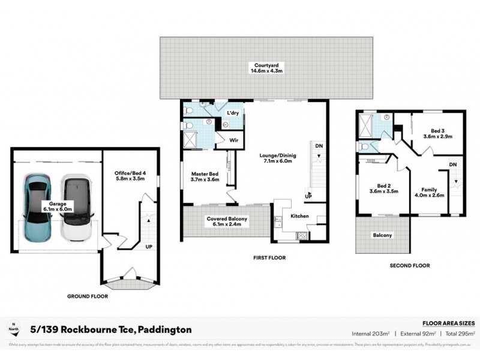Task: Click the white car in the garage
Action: [x=76, y=206]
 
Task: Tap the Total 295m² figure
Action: [x=460, y=332]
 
